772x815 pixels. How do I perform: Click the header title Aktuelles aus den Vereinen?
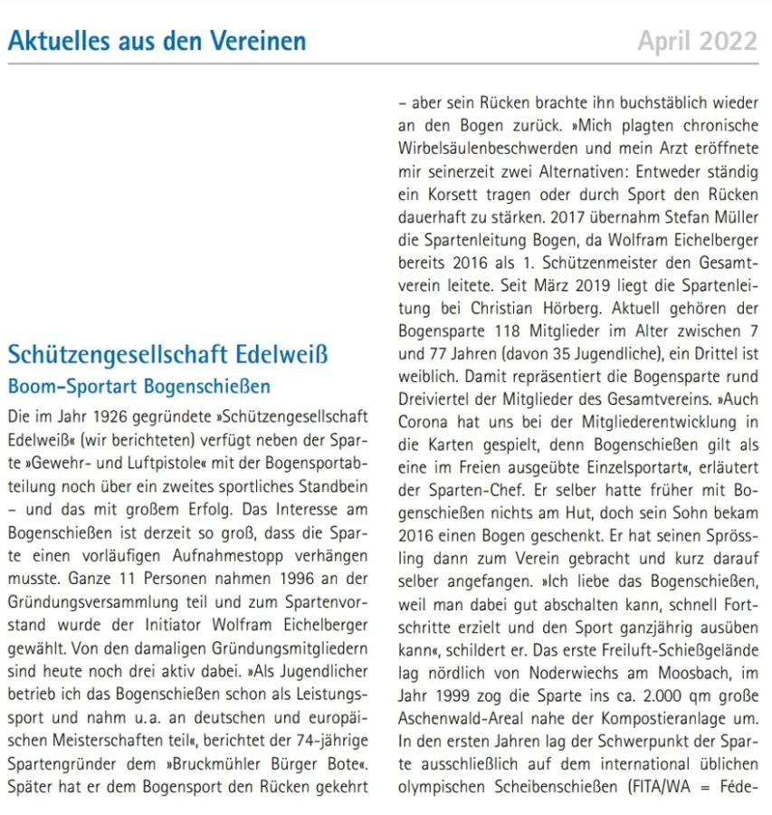pos(157,41)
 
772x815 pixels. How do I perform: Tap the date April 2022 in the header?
pos(697,41)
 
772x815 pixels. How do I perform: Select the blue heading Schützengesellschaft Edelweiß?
pos(167,353)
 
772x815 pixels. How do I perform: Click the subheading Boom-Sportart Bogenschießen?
pos(138,387)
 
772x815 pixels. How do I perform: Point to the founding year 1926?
pos(110,417)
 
